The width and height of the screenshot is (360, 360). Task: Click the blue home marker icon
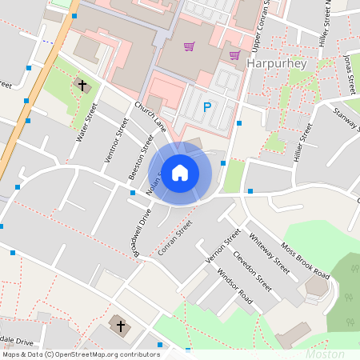pyautogui.click(x=180, y=173)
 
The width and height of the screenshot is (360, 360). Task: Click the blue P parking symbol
pyautogui.click(x=207, y=107)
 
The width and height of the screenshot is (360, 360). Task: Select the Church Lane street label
pyautogui.click(x=150, y=117)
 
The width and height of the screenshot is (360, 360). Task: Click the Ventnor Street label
pyautogui.click(x=117, y=140)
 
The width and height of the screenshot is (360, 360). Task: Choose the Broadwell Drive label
pyautogui.click(x=142, y=232)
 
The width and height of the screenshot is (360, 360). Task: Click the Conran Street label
pyautogui.click(x=176, y=238)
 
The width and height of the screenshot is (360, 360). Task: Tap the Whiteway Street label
pyautogui.click(x=269, y=249)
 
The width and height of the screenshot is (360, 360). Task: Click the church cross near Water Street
pyautogui.click(x=82, y=84)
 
